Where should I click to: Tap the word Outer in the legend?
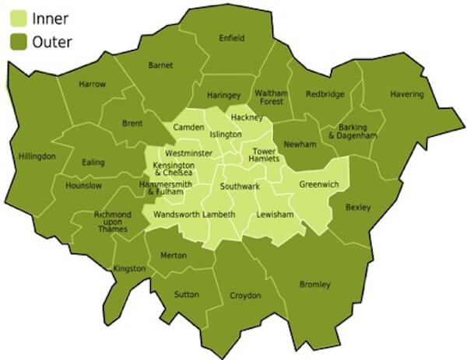(x=52, y=42)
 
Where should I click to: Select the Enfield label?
(x=231, y=38)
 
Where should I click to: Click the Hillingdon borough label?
(x=37, y=156)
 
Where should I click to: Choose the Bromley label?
(x=315, y=285)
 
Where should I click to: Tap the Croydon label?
(x=245, y=295)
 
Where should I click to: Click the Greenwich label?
(x=318, y=186)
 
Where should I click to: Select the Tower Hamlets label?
(x=265, y=155)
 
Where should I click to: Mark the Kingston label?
(x=128, y=269)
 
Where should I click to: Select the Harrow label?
(x=92, y=84)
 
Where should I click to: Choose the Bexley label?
(x=358, y=207)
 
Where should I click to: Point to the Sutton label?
(x=188, y=295)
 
